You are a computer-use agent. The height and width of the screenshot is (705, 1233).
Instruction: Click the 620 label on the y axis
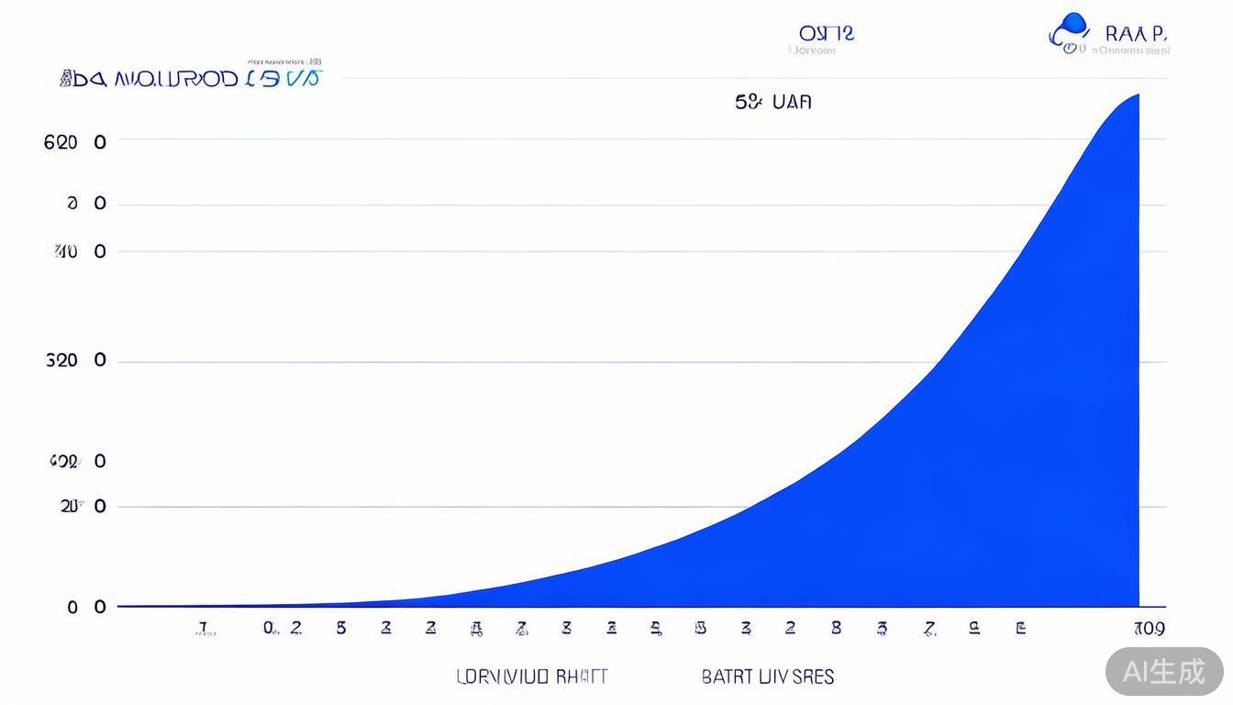[x=61, y=142]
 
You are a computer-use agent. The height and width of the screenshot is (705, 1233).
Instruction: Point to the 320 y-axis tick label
[x=61, y=361]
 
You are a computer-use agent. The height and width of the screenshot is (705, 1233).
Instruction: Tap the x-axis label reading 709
[x=1149, y=629]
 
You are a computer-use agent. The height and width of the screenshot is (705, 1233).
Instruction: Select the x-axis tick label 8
[x=836, y=629]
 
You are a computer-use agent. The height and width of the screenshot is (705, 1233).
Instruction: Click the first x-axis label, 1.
[x=204, y=629]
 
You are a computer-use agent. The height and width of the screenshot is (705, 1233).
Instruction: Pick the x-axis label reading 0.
[x=269, y=628]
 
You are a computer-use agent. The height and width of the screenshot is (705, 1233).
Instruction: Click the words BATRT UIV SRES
[x=767, y=677]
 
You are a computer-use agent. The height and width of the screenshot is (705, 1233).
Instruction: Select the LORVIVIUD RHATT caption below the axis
[x=531, y=677]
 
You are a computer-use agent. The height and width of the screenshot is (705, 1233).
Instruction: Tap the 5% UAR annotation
[x=773, y=102]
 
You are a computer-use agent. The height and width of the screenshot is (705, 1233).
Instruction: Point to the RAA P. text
[x=1136, y=33]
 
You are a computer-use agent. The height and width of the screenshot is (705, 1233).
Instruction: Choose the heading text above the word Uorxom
[x=826, y=33]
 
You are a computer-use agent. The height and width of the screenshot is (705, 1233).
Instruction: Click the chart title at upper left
[x=191, y=79]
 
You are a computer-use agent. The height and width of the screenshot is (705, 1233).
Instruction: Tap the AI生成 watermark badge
[x=1164, y=671]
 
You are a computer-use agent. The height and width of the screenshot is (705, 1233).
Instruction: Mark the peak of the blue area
[x=1138, y=95]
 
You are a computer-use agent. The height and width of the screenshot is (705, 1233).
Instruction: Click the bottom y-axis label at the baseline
[x=73, y=607]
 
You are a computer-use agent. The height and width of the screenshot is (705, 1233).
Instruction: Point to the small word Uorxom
[x=813, y=51]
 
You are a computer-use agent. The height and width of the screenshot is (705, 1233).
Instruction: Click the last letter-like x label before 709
[x=1020, y=629]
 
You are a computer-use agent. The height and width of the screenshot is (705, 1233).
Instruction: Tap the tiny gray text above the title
[x=284, y=62]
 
